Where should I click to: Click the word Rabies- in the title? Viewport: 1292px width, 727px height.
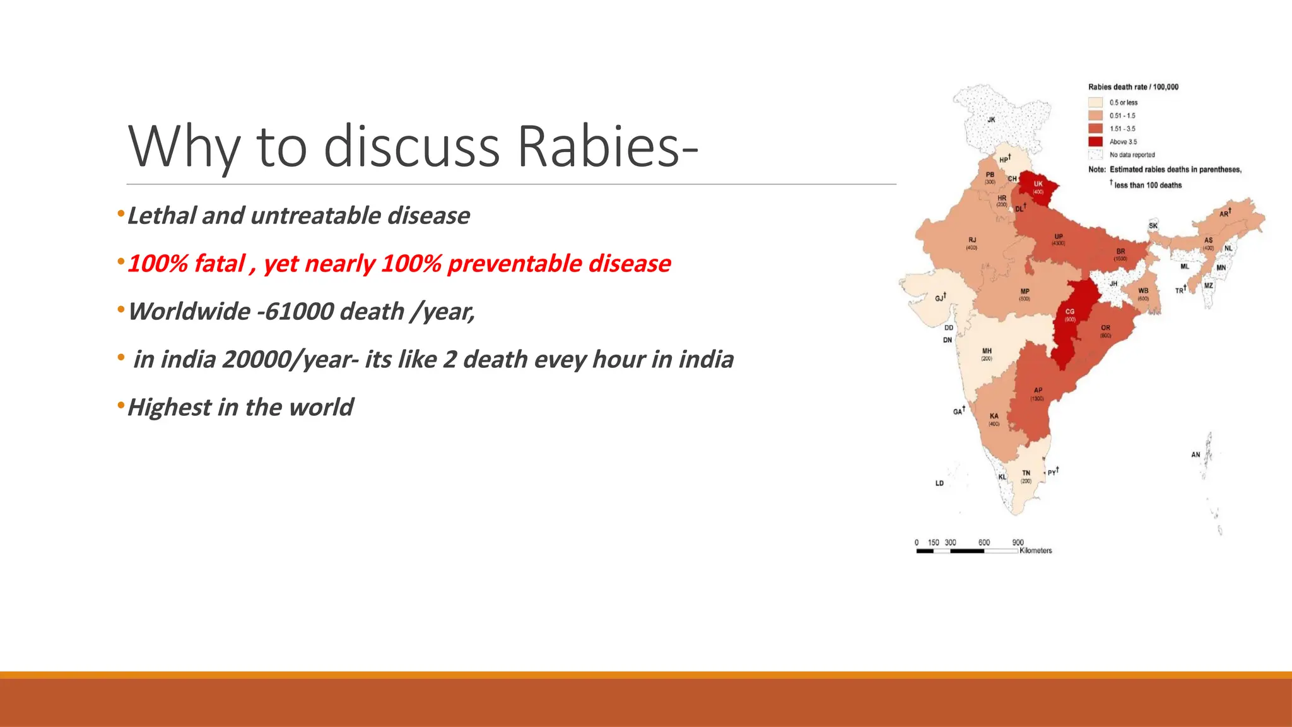[608, 146]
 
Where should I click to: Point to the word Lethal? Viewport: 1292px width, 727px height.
[161, 216]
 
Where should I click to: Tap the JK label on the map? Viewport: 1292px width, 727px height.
[991, 119]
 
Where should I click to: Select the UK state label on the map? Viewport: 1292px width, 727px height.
[1038, 184]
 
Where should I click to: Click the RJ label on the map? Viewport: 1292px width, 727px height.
[972, 240]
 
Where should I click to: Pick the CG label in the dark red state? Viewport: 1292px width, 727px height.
[1069, 312]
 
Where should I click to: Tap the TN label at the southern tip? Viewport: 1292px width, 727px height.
[1026, 473]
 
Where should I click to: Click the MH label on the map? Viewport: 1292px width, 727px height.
[987, 351]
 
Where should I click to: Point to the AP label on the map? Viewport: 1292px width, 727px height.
[1038, 390]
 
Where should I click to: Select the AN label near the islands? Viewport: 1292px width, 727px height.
[1195, 454]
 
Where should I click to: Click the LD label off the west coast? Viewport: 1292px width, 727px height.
[939, 483]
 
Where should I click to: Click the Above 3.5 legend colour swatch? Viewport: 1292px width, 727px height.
[1095, 141]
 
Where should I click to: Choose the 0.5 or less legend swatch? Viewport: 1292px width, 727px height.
[1095, 102]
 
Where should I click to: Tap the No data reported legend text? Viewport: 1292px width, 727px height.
[1132, 155]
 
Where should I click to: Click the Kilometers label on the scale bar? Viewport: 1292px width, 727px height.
[1035, 551]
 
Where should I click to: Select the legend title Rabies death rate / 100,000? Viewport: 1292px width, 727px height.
[1133, 87]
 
